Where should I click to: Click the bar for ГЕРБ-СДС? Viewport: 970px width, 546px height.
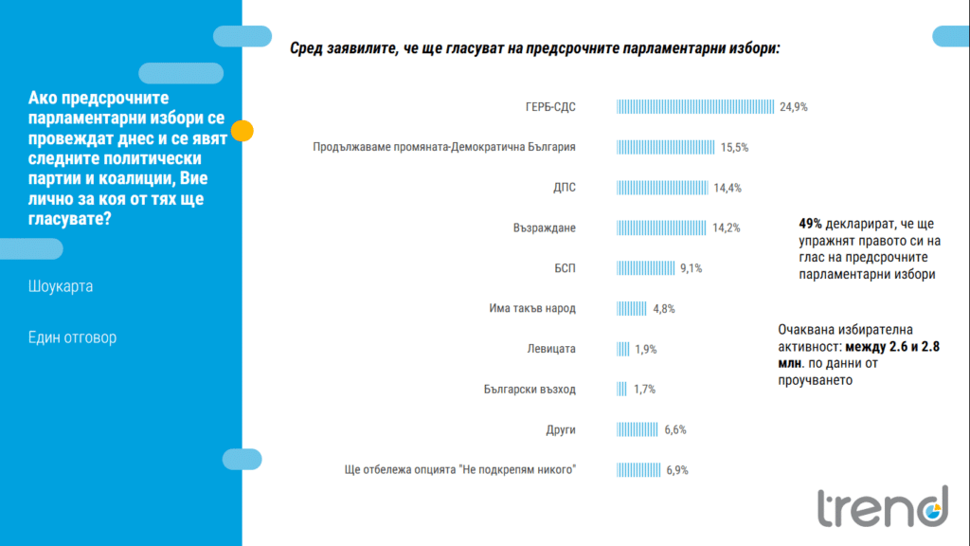[x=696, y=107]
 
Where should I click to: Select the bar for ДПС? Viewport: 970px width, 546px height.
[x=663, y=188]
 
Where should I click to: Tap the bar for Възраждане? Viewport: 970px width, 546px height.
[x=662, y=227]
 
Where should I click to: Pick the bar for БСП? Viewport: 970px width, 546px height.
[x=645, y=268]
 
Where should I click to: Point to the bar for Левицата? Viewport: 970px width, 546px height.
[x=623, y=349]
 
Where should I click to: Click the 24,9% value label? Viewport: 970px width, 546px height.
[x=794, y=107]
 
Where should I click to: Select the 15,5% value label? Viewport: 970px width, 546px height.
[x=735, y=148]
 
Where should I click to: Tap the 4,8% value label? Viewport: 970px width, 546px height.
[x=663, y=309]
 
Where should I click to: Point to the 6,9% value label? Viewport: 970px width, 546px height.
[x=676, y=470]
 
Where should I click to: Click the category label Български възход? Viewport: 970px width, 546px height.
[x=530, y=390]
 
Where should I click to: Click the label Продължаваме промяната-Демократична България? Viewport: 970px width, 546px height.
[x=444, y=148]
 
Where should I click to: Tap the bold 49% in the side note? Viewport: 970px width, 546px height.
[x=810, y=225]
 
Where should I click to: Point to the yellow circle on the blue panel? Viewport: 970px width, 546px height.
[x=242, y=131]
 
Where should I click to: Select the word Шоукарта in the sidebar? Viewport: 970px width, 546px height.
[x=61, y=286]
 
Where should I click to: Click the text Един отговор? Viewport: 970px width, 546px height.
[x=72, y=337]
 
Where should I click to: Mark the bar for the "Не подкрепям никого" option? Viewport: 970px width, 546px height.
[x=638, y=470]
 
